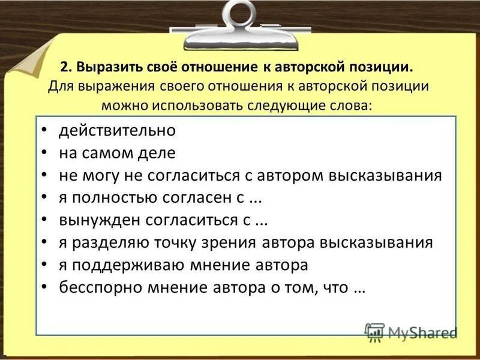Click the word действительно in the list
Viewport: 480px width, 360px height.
[x=117, y=130]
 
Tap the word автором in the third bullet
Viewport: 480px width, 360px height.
[x=292, y=175]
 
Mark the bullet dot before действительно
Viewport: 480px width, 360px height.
[x=45, y=131]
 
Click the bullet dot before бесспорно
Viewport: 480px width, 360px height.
[x=45, y=288]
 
